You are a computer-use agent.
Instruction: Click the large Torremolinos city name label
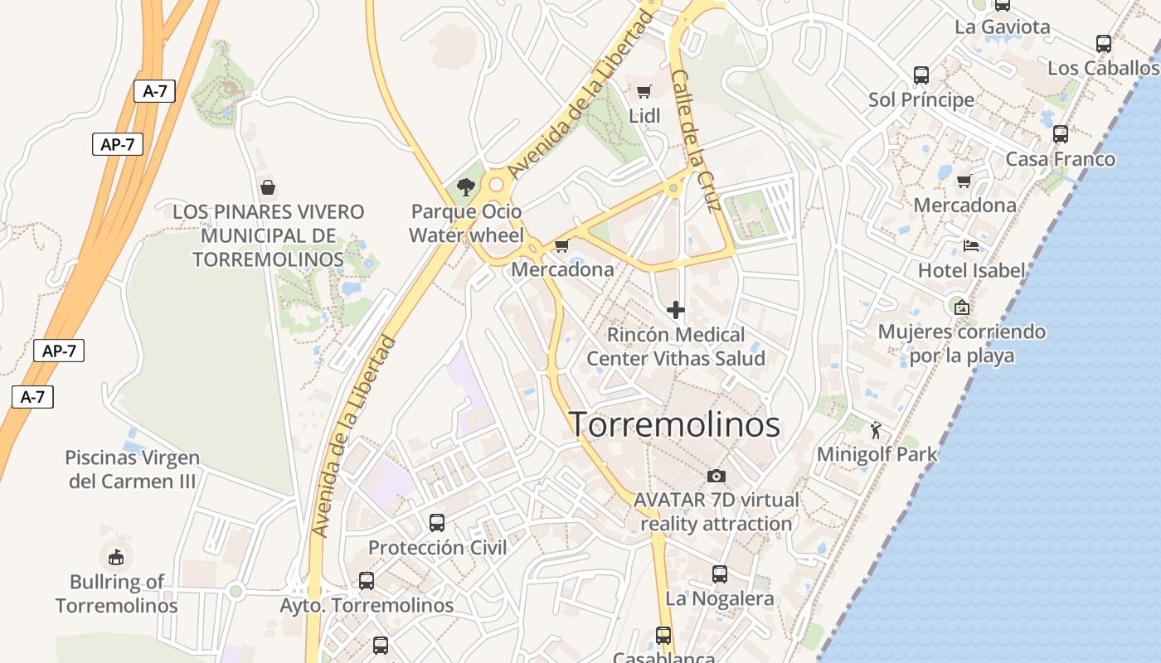675,424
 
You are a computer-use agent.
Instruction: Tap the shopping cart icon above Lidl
644,91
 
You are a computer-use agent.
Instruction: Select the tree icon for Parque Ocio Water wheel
466,186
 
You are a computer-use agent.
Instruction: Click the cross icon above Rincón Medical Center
676,310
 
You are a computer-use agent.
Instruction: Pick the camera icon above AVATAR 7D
717,476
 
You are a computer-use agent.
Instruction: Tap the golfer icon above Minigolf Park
877,429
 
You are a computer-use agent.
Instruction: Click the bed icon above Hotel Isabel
971,245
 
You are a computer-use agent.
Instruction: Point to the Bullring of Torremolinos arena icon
116,556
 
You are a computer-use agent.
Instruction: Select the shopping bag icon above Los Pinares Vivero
267,187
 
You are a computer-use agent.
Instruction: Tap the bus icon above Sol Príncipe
921,75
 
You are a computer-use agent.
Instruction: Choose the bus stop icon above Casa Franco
1061,133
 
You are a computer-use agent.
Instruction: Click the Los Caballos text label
1103,68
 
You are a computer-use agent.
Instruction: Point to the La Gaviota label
1003,27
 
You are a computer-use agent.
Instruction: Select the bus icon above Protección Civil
437,523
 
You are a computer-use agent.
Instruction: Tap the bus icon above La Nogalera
720,573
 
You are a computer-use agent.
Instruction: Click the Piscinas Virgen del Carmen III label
133,469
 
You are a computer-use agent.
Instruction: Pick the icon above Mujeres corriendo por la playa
961,307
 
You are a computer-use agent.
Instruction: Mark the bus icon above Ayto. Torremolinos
367,581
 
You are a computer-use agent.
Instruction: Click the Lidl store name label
644,116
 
